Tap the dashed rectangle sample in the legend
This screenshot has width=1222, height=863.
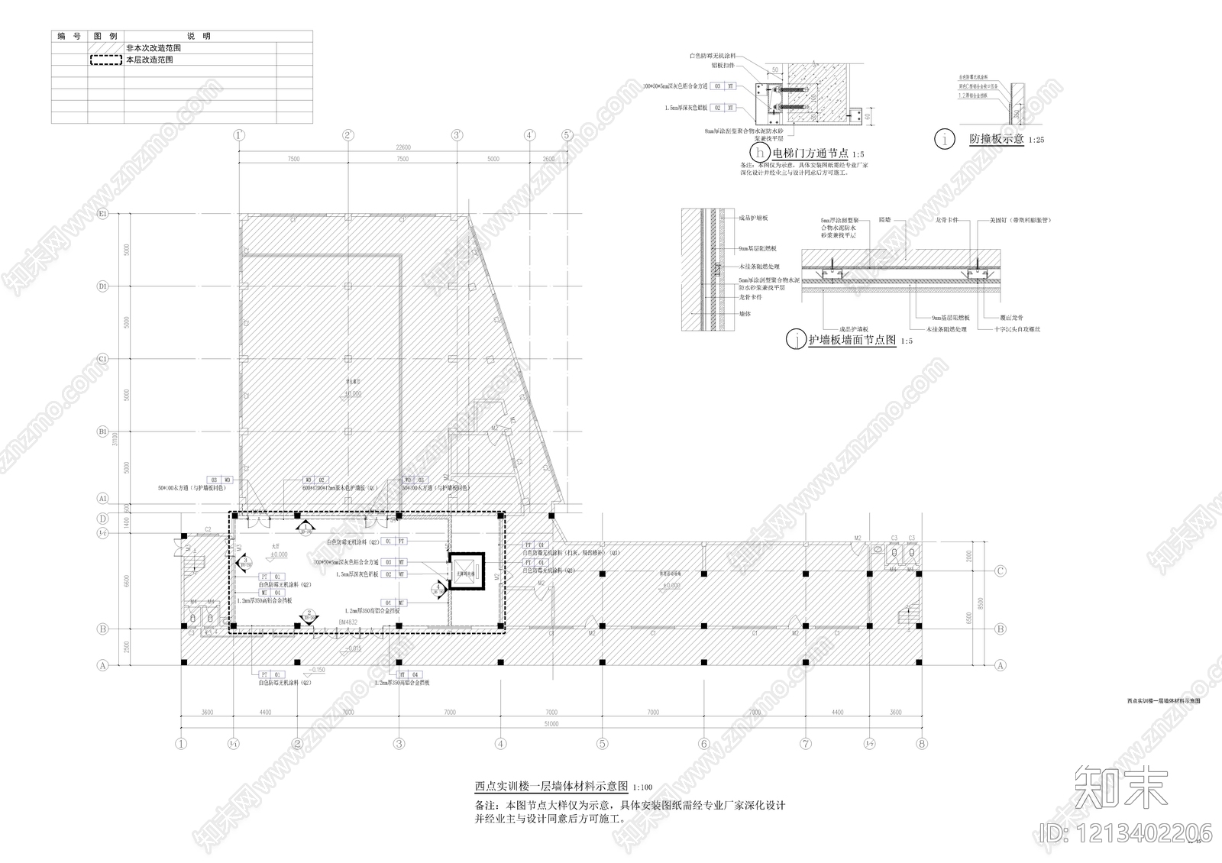point(106,60)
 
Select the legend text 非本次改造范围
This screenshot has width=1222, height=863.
point(153,47)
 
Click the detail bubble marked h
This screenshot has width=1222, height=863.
point(759,154)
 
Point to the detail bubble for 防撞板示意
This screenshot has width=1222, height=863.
point(946,140)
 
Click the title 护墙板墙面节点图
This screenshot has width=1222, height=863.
point(852,341)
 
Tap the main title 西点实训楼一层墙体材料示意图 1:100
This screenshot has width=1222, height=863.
point(564,786)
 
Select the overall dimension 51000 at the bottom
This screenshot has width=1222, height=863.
point(551,724)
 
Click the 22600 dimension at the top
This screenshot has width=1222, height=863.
point(402,147)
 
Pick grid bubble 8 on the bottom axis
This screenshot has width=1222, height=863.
point(922,743)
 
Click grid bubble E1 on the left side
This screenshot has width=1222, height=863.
point(102,214)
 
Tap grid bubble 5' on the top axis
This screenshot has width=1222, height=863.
point(567,135)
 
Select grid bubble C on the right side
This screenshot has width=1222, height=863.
point(1000,571)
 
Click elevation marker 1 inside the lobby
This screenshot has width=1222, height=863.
point(306,527)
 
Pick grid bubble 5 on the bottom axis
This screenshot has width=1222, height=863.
point(602,743)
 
